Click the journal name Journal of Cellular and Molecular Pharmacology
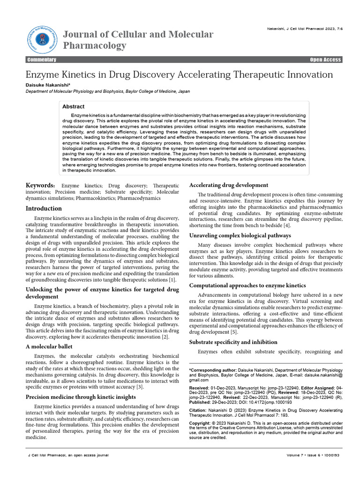pos(138,40)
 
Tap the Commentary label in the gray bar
pos(42,60)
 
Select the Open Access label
pos(325,60)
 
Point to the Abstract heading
pos(74,107)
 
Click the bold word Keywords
pos(40,186)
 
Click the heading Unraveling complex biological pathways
pos(240,235)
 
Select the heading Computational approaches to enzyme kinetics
pos(247,285)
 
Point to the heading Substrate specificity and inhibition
pos(233,342)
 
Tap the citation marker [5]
pos(234,332)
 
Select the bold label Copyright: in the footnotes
pos(201,423)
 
